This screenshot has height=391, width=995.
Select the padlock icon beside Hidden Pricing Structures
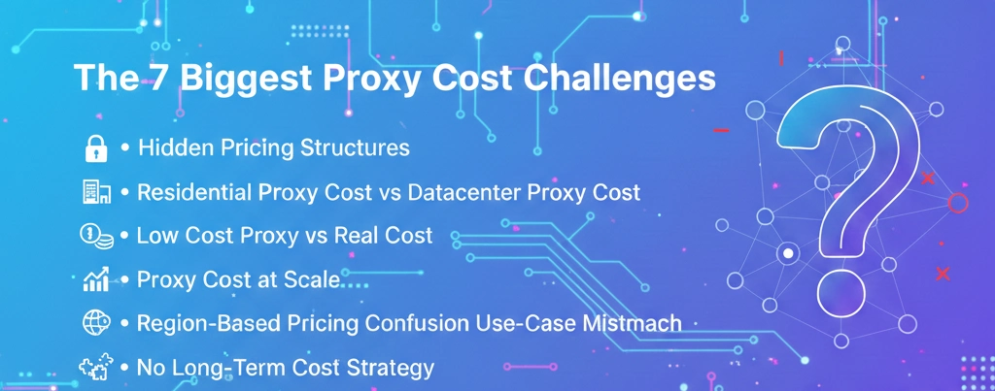click(x=95, y=149)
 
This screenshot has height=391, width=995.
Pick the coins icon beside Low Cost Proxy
click(x=95, y=236)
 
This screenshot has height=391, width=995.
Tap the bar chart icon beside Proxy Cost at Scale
click(x=95, y=281)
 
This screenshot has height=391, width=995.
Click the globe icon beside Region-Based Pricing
click(x=95, y=324)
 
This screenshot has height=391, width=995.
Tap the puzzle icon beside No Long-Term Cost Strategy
click(x=95, y=368)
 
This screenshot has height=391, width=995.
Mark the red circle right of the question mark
click(x=958, y=203)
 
